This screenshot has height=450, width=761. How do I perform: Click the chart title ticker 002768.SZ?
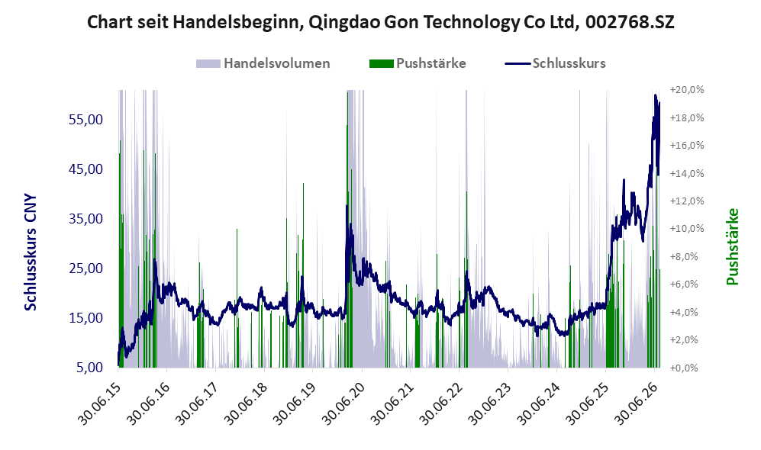(x=630, y=22)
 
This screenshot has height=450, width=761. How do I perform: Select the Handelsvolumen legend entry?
(x=263, y=63)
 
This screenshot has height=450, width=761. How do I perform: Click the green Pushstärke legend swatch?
(x=381, y=63)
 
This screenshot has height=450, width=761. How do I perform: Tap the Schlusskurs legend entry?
(x=555, y=63)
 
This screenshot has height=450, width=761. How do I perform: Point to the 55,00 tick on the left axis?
(x=86, y=119)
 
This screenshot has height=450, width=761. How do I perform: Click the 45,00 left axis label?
(x=86, y=169)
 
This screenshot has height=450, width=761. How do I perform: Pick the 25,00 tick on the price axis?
(x=86, y=268)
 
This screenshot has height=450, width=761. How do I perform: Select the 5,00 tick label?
(x=90, y=368)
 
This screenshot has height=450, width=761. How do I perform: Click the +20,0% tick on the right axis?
(x=687, y=90)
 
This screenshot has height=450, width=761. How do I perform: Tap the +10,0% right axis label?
(x=687, y=228)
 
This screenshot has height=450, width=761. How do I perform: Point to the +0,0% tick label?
(x=684, y=368)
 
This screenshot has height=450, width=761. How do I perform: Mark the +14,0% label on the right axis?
(x=687, y=173)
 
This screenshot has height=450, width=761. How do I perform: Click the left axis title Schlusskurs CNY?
(x=31, y=252)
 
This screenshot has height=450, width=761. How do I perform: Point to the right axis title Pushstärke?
(x=732, y=246)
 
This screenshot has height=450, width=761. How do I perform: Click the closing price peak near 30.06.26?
(x=655, y=95)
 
